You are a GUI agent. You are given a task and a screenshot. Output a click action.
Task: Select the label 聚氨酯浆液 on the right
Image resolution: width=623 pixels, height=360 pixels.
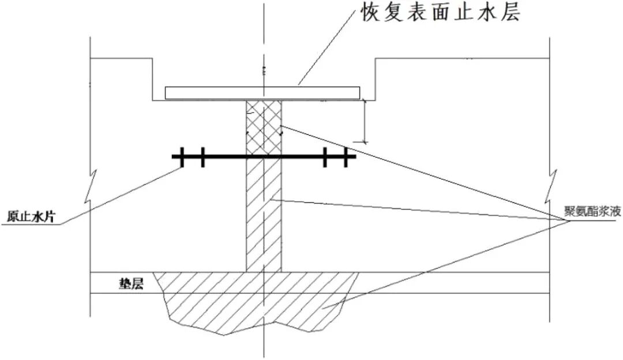tap(594, 211)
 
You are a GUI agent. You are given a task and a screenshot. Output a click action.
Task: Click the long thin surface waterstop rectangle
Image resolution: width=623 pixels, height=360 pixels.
tap(262, 92)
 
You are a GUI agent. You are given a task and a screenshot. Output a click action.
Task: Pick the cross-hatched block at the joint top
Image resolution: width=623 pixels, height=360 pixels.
tap(264, 127)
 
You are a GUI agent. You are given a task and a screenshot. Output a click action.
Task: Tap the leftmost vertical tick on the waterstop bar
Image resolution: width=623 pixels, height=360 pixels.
tap(182, 156)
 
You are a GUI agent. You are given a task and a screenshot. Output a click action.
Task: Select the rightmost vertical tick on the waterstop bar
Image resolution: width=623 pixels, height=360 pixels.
tap(346, 156)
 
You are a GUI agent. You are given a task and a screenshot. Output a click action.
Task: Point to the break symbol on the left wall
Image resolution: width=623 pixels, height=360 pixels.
tap(92, 185)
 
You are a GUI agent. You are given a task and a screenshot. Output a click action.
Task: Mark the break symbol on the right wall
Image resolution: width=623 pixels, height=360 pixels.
tap(551, 185)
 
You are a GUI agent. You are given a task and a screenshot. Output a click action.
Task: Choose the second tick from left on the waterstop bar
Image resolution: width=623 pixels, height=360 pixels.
tap(202, 156)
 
